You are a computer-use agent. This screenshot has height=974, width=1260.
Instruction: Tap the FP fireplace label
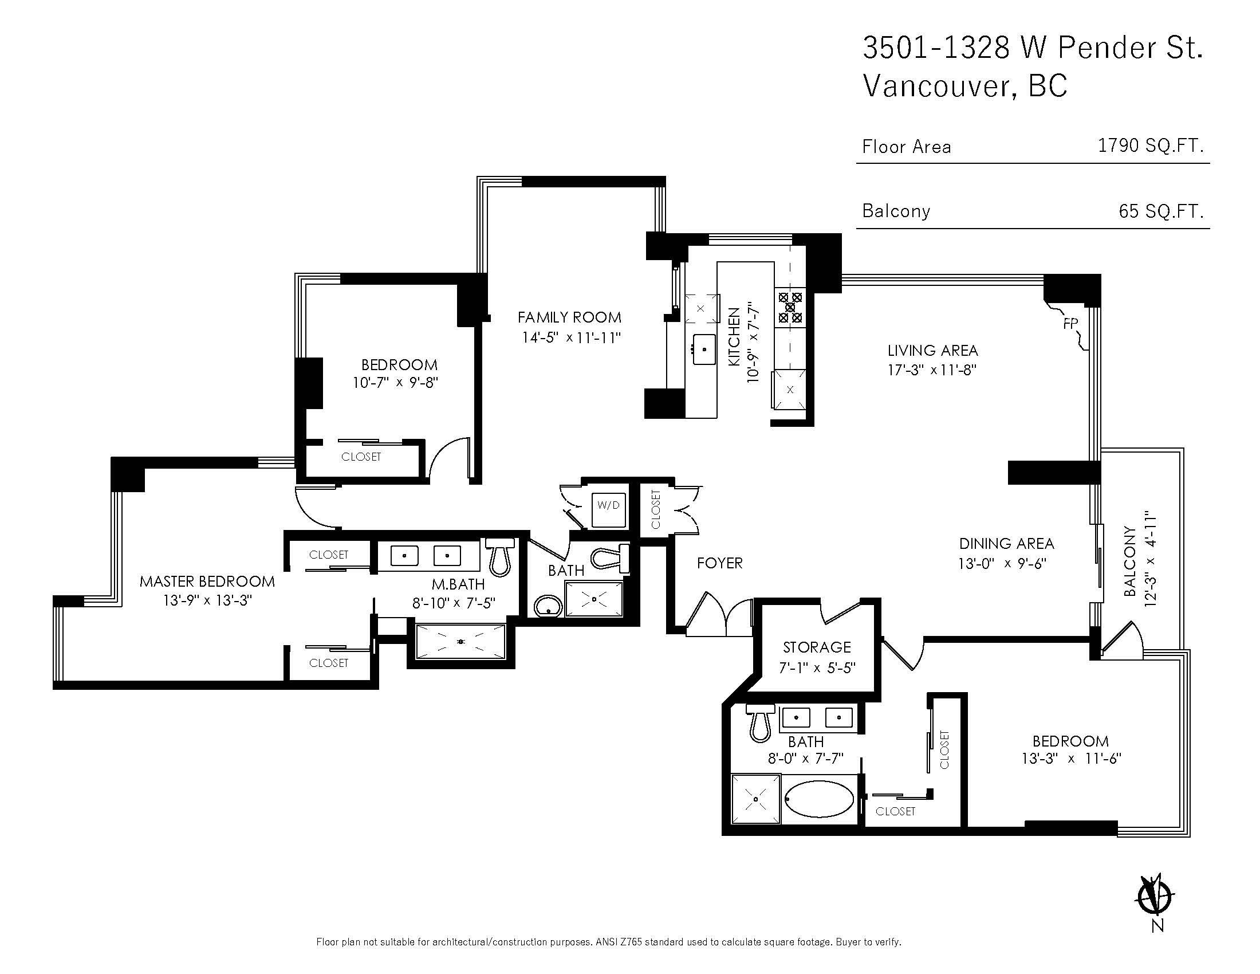point(1070,324)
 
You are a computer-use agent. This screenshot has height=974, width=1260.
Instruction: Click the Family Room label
point(569,317)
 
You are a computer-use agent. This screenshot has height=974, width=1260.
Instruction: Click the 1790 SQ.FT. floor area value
point(1151,146)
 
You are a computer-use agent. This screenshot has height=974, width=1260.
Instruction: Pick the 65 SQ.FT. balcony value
point(1161,211)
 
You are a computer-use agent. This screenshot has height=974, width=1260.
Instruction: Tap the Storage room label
point(817,647)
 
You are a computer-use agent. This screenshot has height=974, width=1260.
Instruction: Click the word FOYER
point(719,563)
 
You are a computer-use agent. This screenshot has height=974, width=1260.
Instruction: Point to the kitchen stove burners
point(790,308)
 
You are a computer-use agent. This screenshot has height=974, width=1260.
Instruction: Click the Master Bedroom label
point(207,582)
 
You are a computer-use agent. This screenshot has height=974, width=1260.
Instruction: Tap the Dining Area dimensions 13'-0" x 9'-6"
point(1002,563)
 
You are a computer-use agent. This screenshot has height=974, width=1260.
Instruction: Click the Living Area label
point(932,351)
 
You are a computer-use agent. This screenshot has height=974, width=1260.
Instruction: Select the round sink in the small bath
point(548,606)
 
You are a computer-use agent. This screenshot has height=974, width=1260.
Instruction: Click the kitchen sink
point(704,349)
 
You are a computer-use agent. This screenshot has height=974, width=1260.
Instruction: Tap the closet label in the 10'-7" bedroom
point(361,457)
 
